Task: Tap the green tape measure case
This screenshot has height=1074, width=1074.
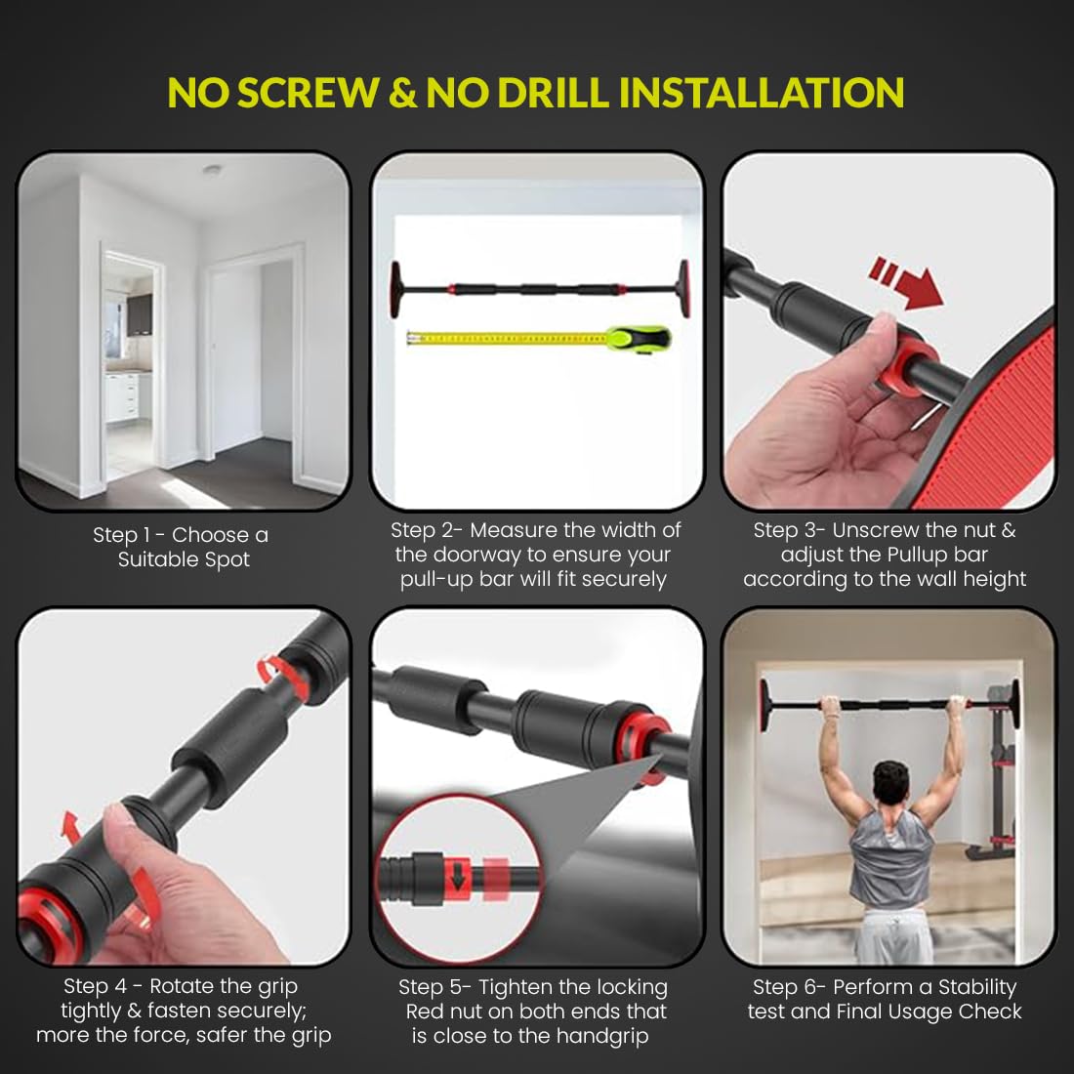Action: click(640, 339)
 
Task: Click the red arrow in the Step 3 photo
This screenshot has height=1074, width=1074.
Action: click(905, 281)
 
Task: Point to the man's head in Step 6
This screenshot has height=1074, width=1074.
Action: click(891, 785)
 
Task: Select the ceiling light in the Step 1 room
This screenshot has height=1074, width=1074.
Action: click(212, 169)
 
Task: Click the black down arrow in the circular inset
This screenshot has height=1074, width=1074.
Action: click(458, 877)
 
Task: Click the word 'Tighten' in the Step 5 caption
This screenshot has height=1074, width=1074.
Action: click(515, 987)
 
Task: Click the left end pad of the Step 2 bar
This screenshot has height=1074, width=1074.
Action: click(397, 288)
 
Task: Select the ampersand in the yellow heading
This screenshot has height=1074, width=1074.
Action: click(402, 93)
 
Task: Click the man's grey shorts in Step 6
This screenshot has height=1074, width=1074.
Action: click(892, 935)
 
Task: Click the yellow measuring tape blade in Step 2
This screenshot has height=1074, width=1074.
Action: click(507, 338)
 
